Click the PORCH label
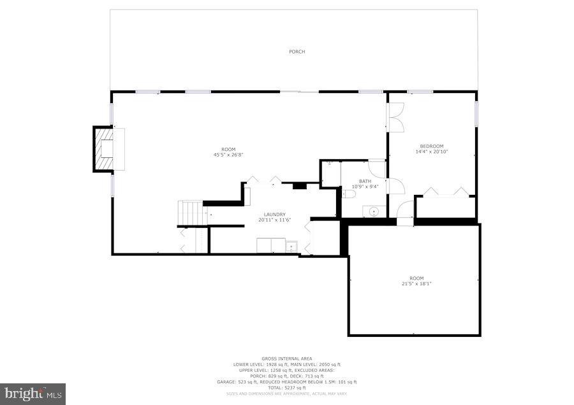pyautogui.click(x=297, y=52)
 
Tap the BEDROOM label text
pyautogui.click(x=431, y=146)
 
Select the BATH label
pyautogui.click(x=364, y=181)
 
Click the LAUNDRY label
pyautogui.click(x=274, y=215)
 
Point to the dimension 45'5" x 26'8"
pyautogui.click(x=228, y=154)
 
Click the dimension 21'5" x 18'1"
pyautogui.click(x=416, y=283)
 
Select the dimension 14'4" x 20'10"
pyautogui.click(x=431, y=152)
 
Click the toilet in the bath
pyautogui.click(x=348, y=194)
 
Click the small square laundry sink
pyautogui.click(x=291, y=246)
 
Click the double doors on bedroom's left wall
pyautogui.click(x=395, y=117)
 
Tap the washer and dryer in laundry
pyautogui.click(x=270, y=246)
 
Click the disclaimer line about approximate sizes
pyautogui.click(x=287, y=394)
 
